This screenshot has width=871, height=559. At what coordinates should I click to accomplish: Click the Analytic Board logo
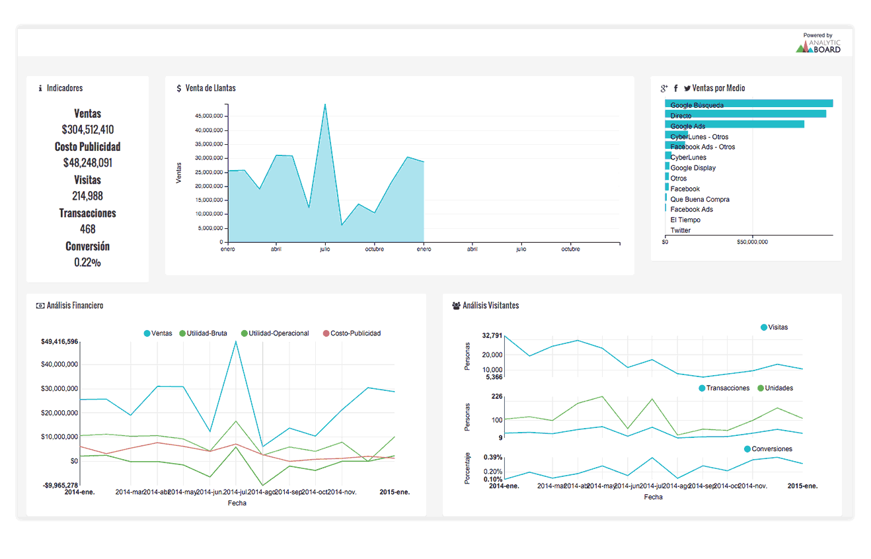pyautogui.click(x=818, y=44)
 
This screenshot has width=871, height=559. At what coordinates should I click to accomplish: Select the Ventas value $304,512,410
pyautogui.click(x=88, y=130)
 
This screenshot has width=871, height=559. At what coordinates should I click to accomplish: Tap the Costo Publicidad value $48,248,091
pyautogui.click(x=88, y=163)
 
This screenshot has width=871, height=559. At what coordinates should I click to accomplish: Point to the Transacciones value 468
pyautogui.click(x=88, y=229)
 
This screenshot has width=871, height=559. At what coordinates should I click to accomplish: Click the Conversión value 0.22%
pyautogui.click(x=88, y=262)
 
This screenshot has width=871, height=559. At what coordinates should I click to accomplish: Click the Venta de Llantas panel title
pyautogui.click(x=210, y=88)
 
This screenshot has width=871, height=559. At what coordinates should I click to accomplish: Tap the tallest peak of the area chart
pyautogui.click(x=324, y=105)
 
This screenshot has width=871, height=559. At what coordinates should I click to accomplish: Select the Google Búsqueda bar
pyautogui.click(x=748, y=104)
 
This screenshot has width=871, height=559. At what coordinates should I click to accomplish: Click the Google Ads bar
pyautogui.click(x=734, y=124)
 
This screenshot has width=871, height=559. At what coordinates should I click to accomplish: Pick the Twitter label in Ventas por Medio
pyautogui.click(x=680, y=230)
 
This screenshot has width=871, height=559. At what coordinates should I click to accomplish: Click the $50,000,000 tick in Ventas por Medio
pyautogui.click(x=752, y=242)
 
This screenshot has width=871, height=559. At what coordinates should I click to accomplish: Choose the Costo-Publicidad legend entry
pyautogui.click(x=352, y=333)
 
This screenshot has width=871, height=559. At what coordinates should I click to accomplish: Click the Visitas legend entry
pyautogui.click(x=775, y=327)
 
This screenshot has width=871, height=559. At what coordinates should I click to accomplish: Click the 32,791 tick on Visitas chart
pyautogui.click(x=492, y=336)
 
